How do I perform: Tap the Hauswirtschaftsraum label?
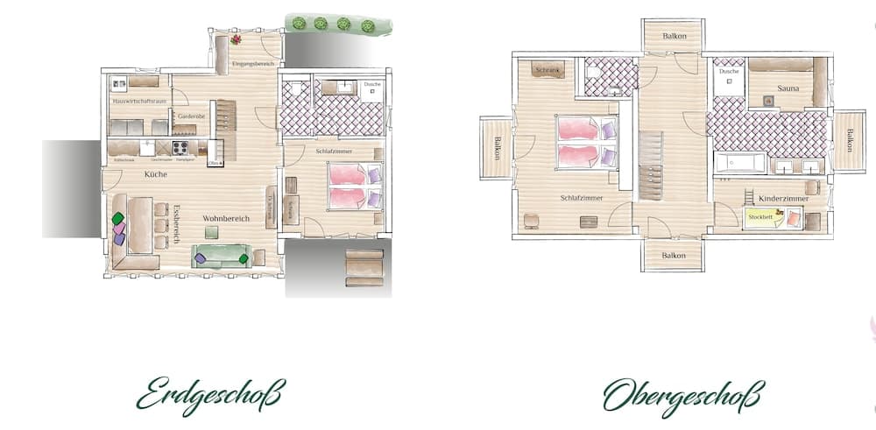[x=139, y=102]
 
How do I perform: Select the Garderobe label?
[x=191, y=116]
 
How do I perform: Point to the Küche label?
[x=156, y=174]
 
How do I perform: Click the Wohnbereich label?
[x=226, y=218]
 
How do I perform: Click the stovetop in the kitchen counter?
[x=182, y=148]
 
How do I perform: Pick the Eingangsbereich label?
[x=253, y=65]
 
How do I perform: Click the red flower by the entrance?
[x=236, y=39]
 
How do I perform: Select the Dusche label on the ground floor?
[x=372, y=85]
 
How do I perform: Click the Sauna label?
[x=786, y=88]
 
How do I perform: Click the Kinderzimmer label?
[x=783, y=200]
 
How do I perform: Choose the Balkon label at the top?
[x=673, y=36]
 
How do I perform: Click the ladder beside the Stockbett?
[x=750, y=195]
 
